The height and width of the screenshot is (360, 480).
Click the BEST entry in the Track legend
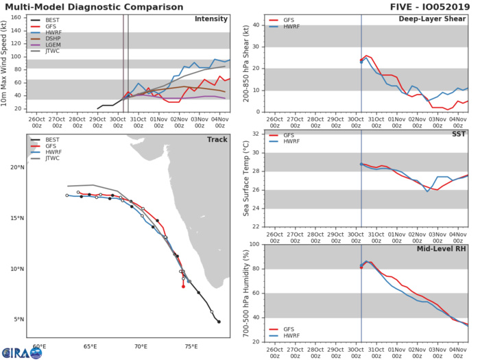coord(49,141)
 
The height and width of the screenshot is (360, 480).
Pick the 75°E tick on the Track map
coord(191,346)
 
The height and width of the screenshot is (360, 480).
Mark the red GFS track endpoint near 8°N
coord(183,287)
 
